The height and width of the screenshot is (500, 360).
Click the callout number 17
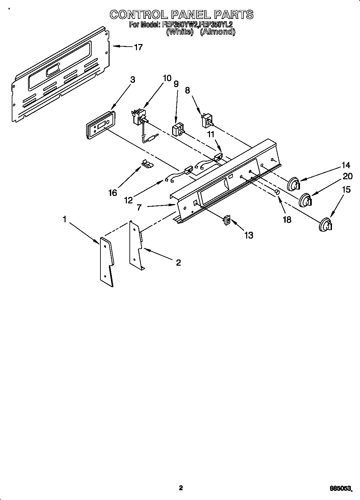pos(138,47)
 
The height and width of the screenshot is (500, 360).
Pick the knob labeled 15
pos(325,225)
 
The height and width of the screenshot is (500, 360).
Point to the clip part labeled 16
pos(146,163)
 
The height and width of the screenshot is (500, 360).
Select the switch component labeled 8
pos(207,121)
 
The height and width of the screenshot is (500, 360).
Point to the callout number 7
pos(139,207)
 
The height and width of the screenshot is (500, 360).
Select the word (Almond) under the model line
pos(217,32)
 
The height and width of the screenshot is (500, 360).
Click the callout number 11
pos(211,134)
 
